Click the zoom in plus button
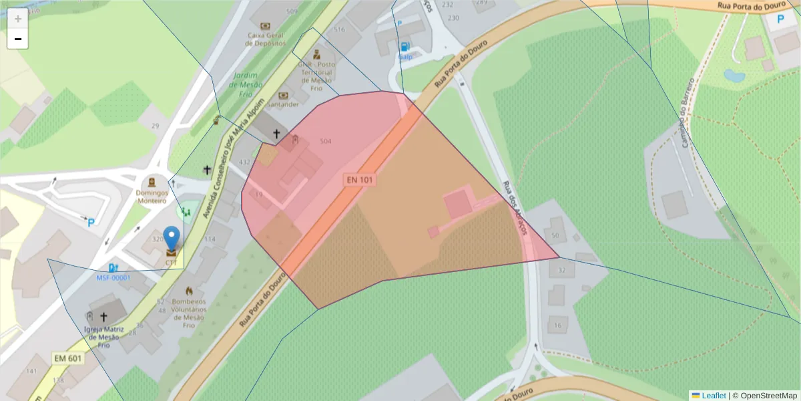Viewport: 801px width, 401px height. (18, 19)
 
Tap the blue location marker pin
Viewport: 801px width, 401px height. (172, 239)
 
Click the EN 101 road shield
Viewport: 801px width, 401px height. (359, 180)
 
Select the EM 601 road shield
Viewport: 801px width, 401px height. (67, 359)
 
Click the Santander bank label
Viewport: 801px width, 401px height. (282, 104)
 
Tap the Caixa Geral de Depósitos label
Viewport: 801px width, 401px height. (266, 39)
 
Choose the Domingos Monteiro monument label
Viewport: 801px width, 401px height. (152, 196)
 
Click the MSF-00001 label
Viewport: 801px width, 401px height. (113, 277)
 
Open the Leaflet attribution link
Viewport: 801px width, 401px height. (714, 396)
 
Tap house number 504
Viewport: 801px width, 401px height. (326, 142)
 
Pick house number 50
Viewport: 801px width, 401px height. (555, 235)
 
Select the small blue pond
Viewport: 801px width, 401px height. (734, 76)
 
